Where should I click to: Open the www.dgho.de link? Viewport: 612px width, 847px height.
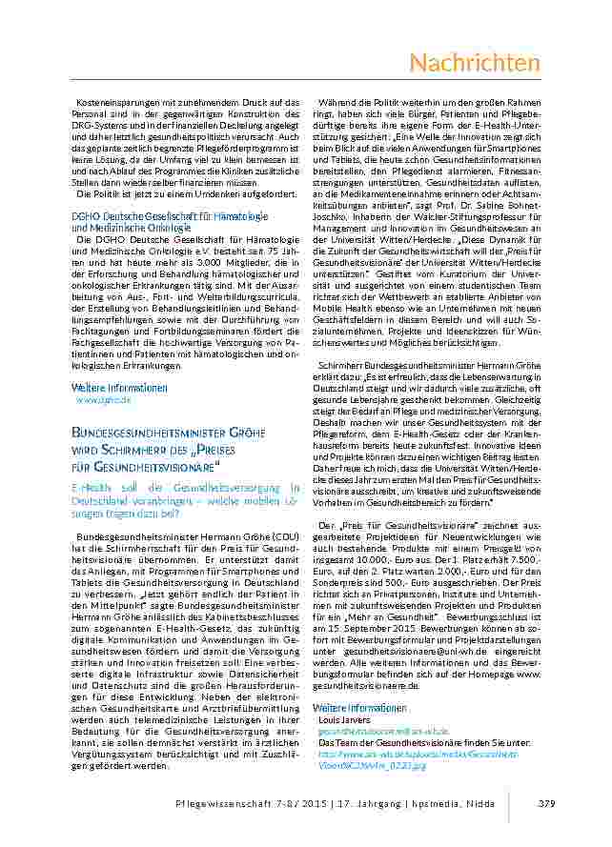coord(103,401)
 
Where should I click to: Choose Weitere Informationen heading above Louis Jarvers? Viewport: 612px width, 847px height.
coord(360,708)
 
